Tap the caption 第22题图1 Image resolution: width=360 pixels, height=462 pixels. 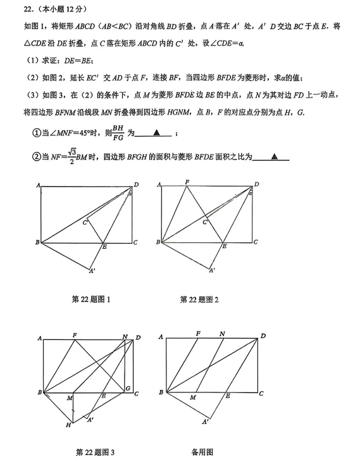[92, 299]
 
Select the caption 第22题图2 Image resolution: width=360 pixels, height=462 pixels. [199, 299]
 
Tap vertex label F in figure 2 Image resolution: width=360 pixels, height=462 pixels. [187, 182]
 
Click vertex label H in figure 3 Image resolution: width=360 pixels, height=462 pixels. [68, 425]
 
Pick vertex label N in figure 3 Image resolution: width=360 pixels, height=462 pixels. [125, 336]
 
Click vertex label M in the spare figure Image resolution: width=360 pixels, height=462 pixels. [192, 398]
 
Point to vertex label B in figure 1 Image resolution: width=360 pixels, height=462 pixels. [37, 242]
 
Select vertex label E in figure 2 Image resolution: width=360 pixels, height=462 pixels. [224, 246]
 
